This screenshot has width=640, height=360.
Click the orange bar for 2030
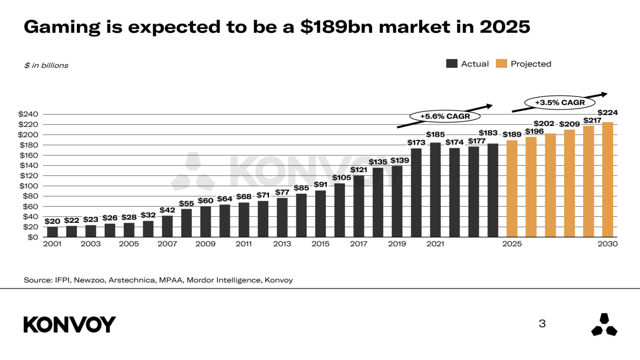(608, 179)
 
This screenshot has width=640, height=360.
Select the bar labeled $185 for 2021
(435, 189)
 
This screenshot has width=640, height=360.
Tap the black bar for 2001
(52, 231)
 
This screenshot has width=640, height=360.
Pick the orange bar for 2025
(512, 188)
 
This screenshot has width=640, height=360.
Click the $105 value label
(339, 178)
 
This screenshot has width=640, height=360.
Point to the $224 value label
(608, 112)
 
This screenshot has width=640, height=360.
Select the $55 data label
(186, 203)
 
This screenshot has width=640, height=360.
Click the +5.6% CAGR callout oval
(444, 116)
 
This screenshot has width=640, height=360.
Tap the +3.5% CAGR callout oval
(559, 102)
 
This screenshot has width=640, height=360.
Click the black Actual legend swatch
(451, 63)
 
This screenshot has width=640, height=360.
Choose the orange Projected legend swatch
(501, 63)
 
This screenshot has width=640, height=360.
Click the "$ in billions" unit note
(46, 66)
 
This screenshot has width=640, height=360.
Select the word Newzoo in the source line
(88, 280)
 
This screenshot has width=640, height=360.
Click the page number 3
(542, 324)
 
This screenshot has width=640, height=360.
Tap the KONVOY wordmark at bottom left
(69, 324)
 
